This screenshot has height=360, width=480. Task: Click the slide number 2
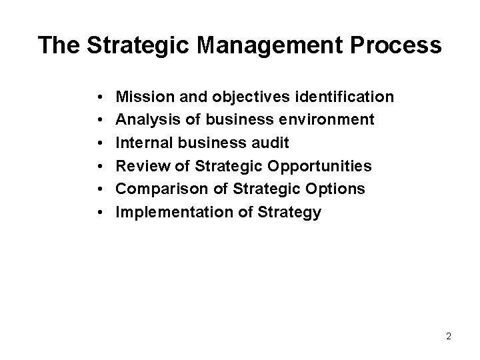449,337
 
